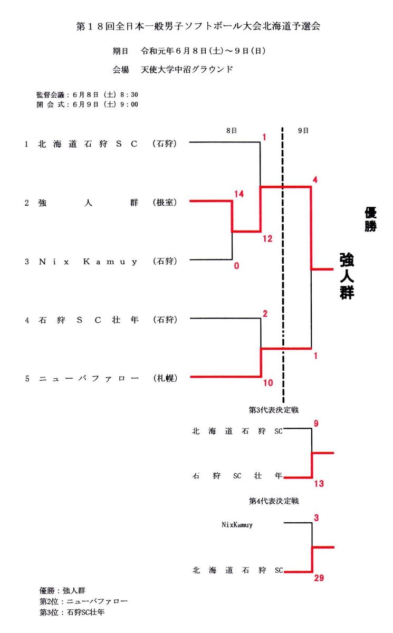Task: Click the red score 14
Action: pyautogui.click(x=238, y=194)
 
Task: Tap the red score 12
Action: pyautogui.click(x=267, y=238)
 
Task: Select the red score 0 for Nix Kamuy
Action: pyautogui.click(x=236, y=266)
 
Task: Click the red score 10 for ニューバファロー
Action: pyautogui.click(x=268, y=383)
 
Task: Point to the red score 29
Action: pyautogui.click(x=319, y=578)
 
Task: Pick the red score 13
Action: pyautogui.click(x=318, y=484)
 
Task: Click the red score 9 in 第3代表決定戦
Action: pyautogui.click(x=316, y=423)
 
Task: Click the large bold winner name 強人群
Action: pyautogui.click(x=347, y=276)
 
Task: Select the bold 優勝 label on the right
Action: pyautogui.click(x=370, y=219)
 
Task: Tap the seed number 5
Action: pyautogui.click(x=26, y=378)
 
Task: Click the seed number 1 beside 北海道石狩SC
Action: pyautogui.click(x=26, y=143)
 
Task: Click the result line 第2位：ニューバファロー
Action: pyautogui.click(x=83, y=601)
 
